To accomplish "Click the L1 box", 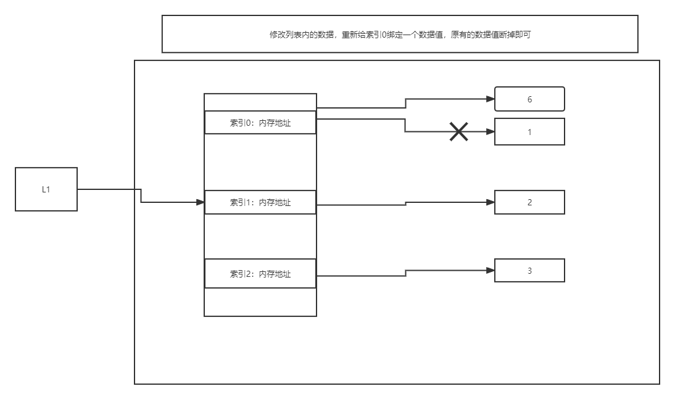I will coord(46,189).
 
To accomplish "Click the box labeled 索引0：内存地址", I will coord(260,123).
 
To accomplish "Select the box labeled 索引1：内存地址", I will coord(260,202).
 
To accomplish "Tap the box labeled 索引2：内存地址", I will coord(260,274).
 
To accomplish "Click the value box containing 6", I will coord(529,99).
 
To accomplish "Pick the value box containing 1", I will coord(529,132).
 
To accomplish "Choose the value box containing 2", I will coord(529,202).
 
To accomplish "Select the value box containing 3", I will coord(529,271).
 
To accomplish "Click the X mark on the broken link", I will coord(458,131).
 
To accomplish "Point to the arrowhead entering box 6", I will coord(491,99).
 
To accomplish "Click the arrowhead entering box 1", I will coord(491,132).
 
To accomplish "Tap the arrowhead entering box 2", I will coord(491,202).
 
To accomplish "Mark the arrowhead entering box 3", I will coord(491,271).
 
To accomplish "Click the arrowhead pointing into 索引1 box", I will coord(200,202).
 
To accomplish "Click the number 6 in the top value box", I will coord(529,99).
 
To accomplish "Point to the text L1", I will coord(46,189).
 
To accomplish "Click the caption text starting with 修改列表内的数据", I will coord(400,35).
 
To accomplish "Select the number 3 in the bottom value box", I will coord(529,271).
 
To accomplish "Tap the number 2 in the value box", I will coord(529,202).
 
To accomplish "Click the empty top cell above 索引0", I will coord(260,102).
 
